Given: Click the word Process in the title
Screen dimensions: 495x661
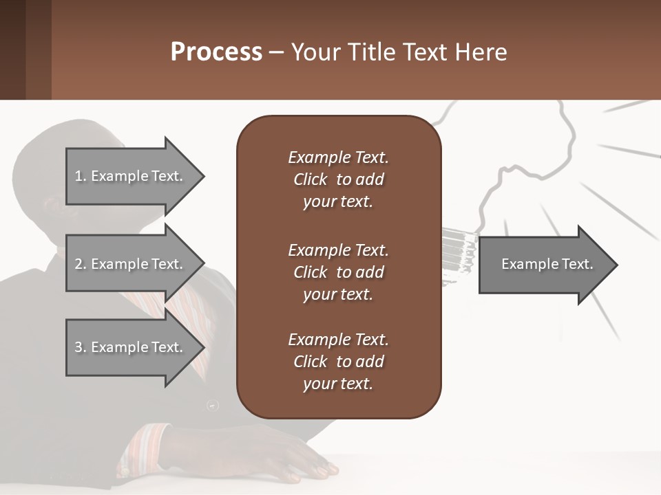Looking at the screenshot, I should (216, 52).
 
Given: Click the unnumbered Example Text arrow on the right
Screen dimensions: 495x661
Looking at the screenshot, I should (547, 265).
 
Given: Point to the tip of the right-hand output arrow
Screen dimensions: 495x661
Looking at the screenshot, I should (616, 265).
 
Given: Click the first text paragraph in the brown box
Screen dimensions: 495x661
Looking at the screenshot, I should (338, 179).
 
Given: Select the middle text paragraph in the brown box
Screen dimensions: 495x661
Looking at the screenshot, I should (338, 272).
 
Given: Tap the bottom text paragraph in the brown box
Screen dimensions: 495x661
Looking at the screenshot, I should (338, 362).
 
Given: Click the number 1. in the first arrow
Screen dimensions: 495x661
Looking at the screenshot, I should (81, 176).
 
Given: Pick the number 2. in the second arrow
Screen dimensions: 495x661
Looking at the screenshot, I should (81, 264).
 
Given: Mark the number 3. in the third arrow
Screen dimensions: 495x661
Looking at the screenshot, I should (81, 347).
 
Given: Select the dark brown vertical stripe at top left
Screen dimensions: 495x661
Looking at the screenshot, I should (12, 49).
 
